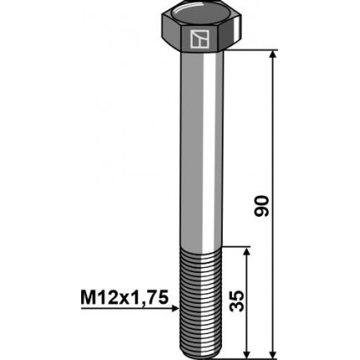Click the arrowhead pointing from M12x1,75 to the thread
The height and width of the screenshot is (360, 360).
[x=173, y=307]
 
